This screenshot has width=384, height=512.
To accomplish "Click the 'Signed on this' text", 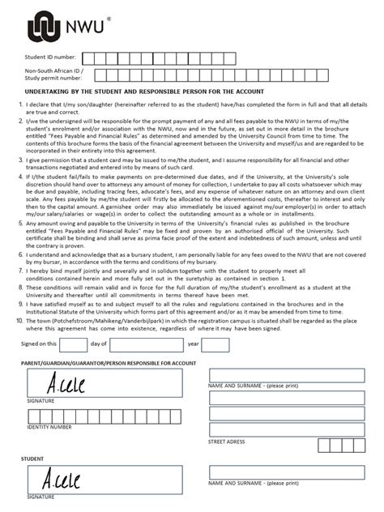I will (x=38, y=344).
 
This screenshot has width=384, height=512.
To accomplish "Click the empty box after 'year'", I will (x=215, y=344).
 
